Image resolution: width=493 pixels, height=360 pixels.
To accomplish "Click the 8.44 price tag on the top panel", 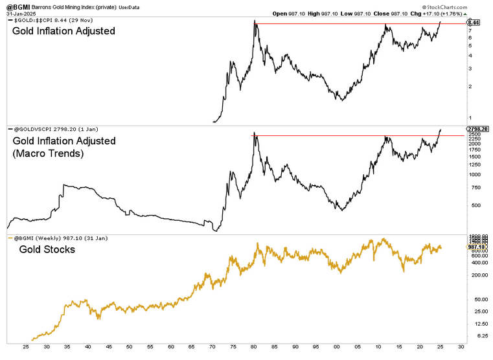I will (474, 23).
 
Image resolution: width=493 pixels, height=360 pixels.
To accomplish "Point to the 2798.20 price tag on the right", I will (476, 129).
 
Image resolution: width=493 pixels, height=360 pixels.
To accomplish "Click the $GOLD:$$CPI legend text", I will (35, 21).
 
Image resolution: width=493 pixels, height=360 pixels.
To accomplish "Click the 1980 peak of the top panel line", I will (255, 22).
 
